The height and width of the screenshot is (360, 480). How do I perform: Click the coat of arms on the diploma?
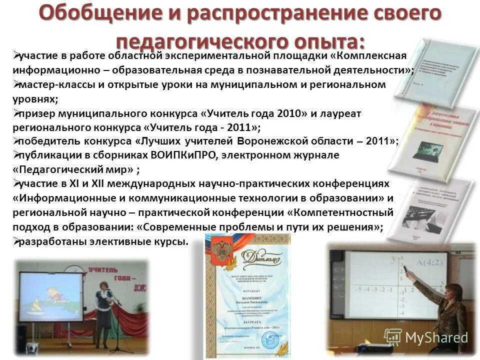click(220, 250)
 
